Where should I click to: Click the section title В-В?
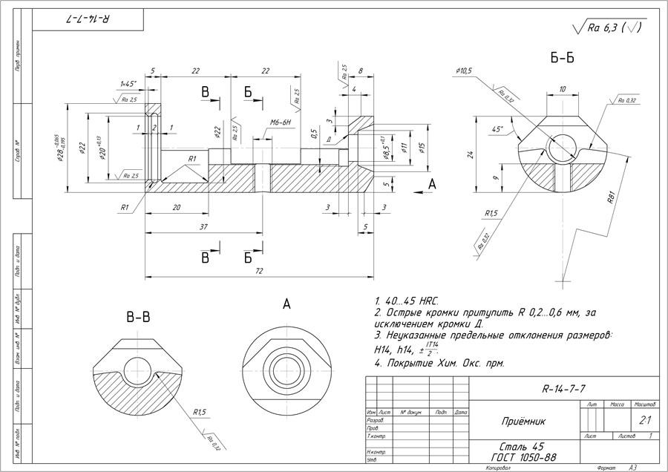click(139, 317)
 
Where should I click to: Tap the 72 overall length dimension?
click(260, 272)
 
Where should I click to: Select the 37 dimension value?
click(203, 227)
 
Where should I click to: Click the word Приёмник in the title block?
click(524, 421)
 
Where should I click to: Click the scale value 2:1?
click(644, 420)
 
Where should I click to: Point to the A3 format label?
click(632, 468)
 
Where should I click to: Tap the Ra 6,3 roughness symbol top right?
click(609, 28)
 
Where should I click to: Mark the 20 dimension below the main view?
click(176, 209)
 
